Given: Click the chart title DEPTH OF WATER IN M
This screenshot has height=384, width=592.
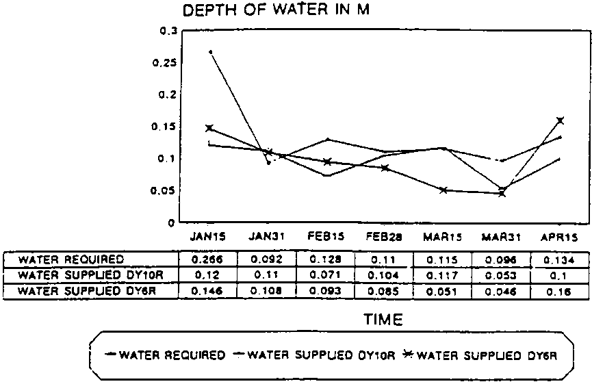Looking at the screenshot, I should pyautogui.click(x=276, y=11).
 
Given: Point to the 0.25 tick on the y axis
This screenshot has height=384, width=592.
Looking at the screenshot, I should pyautogui.click(x=167, y=62).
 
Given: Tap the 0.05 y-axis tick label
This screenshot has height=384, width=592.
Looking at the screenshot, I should pyautogui.click(x=167, y=191).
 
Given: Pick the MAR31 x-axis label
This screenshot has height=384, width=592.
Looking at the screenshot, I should pyautogui.click(x=502, y=238).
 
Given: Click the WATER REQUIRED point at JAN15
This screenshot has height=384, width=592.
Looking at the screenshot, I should pyautogui.click(x=210, y=52).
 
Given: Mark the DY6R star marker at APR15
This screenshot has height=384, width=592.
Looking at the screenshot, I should pyautogui.click(x=560, y=120).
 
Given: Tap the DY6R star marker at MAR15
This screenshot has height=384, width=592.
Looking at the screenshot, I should pyautogui.click(x=443, y=190).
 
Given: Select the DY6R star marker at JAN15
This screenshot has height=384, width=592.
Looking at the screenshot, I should pyautogui.click(x=209, y=128).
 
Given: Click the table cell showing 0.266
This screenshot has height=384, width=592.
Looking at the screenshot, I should pyautogui.click(x=207, y=260).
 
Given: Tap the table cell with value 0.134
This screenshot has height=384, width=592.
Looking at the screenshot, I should pyautogui.click(x=561, y=260).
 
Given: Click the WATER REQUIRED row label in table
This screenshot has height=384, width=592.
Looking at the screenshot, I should pyautogui.click(x=71, y=260).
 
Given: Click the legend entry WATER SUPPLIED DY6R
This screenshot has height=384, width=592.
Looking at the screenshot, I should pyautogui.click(x=486, y=355).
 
